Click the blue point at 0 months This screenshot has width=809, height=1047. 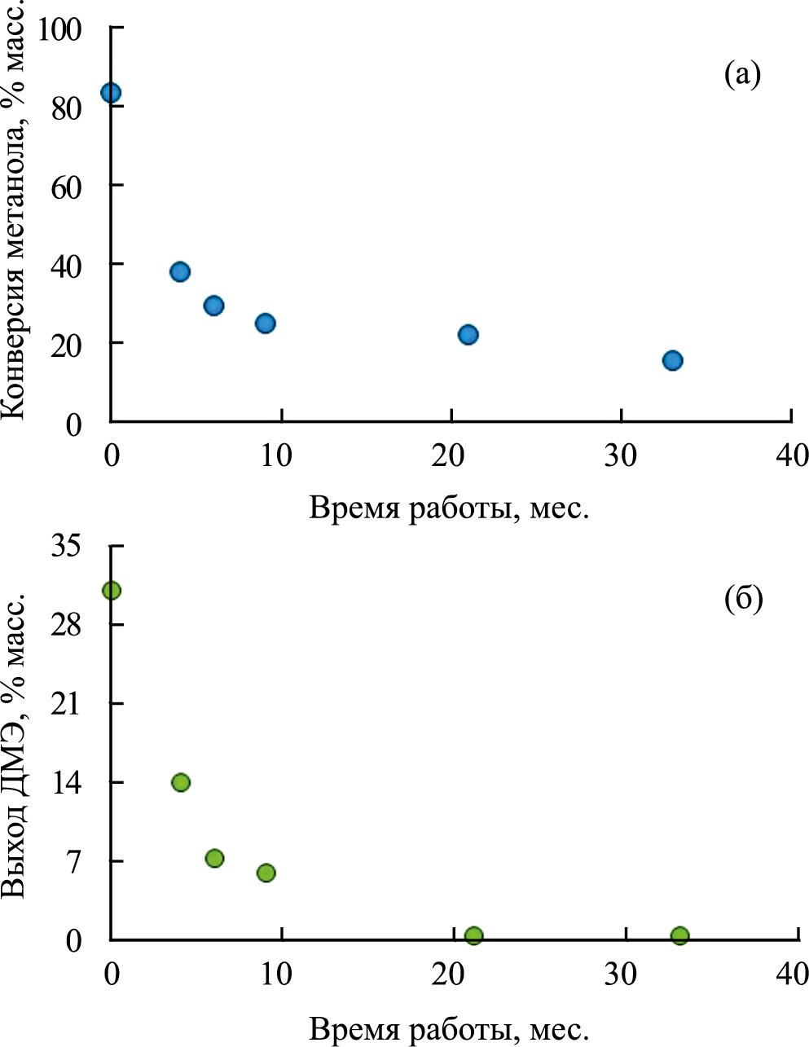point(111,93)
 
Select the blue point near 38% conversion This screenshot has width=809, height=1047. point(180,272)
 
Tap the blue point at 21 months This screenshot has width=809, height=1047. point(468,335)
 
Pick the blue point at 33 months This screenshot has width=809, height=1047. point(672,361)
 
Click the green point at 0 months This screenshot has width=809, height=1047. point(112,591)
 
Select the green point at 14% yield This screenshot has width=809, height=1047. point(181,783)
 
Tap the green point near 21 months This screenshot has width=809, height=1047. point(474,936)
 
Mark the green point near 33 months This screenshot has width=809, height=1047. point(679,936)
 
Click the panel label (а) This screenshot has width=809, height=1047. point(741,75)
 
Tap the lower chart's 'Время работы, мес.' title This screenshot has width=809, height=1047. point(448,1028)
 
